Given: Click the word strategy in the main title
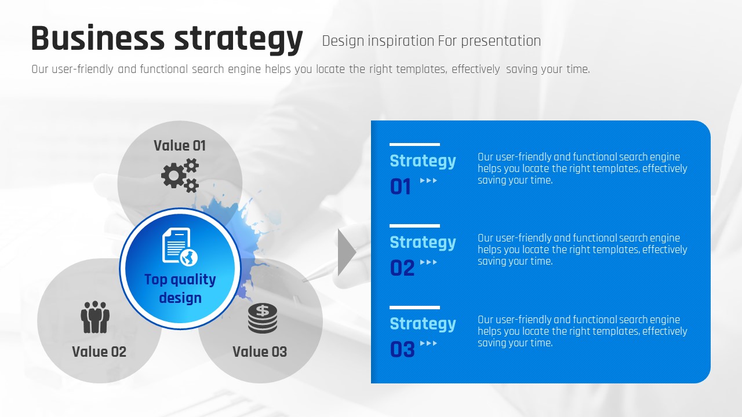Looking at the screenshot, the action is coord(238,40).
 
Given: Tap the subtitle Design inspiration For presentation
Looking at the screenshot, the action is coord(431,41).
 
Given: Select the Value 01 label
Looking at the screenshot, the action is coord(180,145).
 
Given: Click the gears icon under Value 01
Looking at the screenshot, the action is coord(180,175).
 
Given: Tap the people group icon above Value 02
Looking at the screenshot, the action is coord(95,317).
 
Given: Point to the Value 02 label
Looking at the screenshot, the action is coord(99,352).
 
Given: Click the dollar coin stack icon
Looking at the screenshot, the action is coord(263,318).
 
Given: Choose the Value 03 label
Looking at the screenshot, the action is coord(260,352).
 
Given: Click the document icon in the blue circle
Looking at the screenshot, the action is coord(180,247).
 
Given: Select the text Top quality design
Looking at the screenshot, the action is coord(180,288).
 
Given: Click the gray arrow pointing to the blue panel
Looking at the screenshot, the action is coord(347,253).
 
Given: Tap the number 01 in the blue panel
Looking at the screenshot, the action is coord(401,186).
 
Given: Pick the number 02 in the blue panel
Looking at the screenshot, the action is coord(402,268).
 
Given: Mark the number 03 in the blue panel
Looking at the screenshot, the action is coord(402,349).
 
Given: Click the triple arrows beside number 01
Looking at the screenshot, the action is coord(428,180).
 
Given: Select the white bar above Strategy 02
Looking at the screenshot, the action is coord(414,226).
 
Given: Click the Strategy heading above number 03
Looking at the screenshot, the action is coord(423,324).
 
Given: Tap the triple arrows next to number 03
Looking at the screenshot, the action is coord(428,343).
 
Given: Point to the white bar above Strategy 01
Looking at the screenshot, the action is coord(414,145).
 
